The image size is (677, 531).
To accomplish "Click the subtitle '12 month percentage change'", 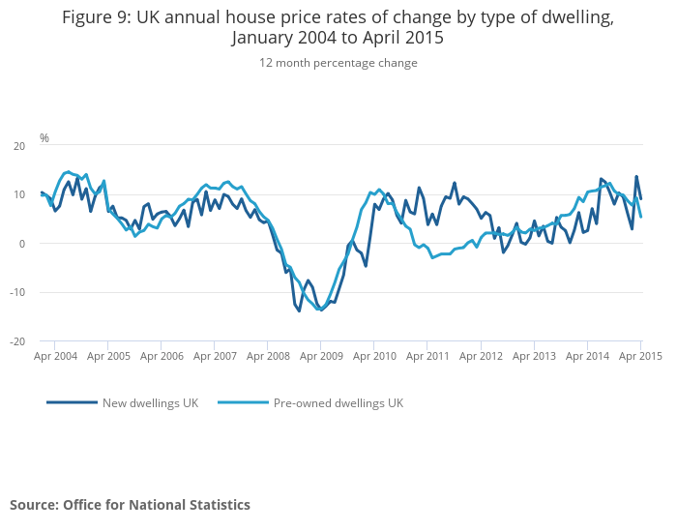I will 338,63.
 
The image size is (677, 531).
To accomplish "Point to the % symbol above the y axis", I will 44,138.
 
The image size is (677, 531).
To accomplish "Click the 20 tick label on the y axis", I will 18,146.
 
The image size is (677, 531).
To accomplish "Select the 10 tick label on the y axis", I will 18,195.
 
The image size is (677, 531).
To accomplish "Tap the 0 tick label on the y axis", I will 21,244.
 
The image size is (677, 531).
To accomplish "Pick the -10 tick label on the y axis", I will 16,293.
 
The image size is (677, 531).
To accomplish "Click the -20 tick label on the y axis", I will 16,341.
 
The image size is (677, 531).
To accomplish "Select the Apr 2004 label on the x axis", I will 55,356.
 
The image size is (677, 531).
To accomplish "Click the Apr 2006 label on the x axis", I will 162,356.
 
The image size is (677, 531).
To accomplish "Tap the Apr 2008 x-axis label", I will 268,356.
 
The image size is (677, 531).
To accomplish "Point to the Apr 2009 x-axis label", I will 321,356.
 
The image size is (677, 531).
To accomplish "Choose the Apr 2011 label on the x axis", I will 427,356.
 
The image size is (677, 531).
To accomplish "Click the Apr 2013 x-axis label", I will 534,356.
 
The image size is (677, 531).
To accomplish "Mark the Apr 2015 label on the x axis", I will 639,356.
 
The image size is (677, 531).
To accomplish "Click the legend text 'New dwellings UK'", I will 150,402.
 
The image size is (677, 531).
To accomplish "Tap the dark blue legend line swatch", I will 72,402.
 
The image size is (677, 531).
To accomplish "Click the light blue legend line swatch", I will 243,402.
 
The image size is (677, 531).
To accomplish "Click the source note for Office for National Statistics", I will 130,505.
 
